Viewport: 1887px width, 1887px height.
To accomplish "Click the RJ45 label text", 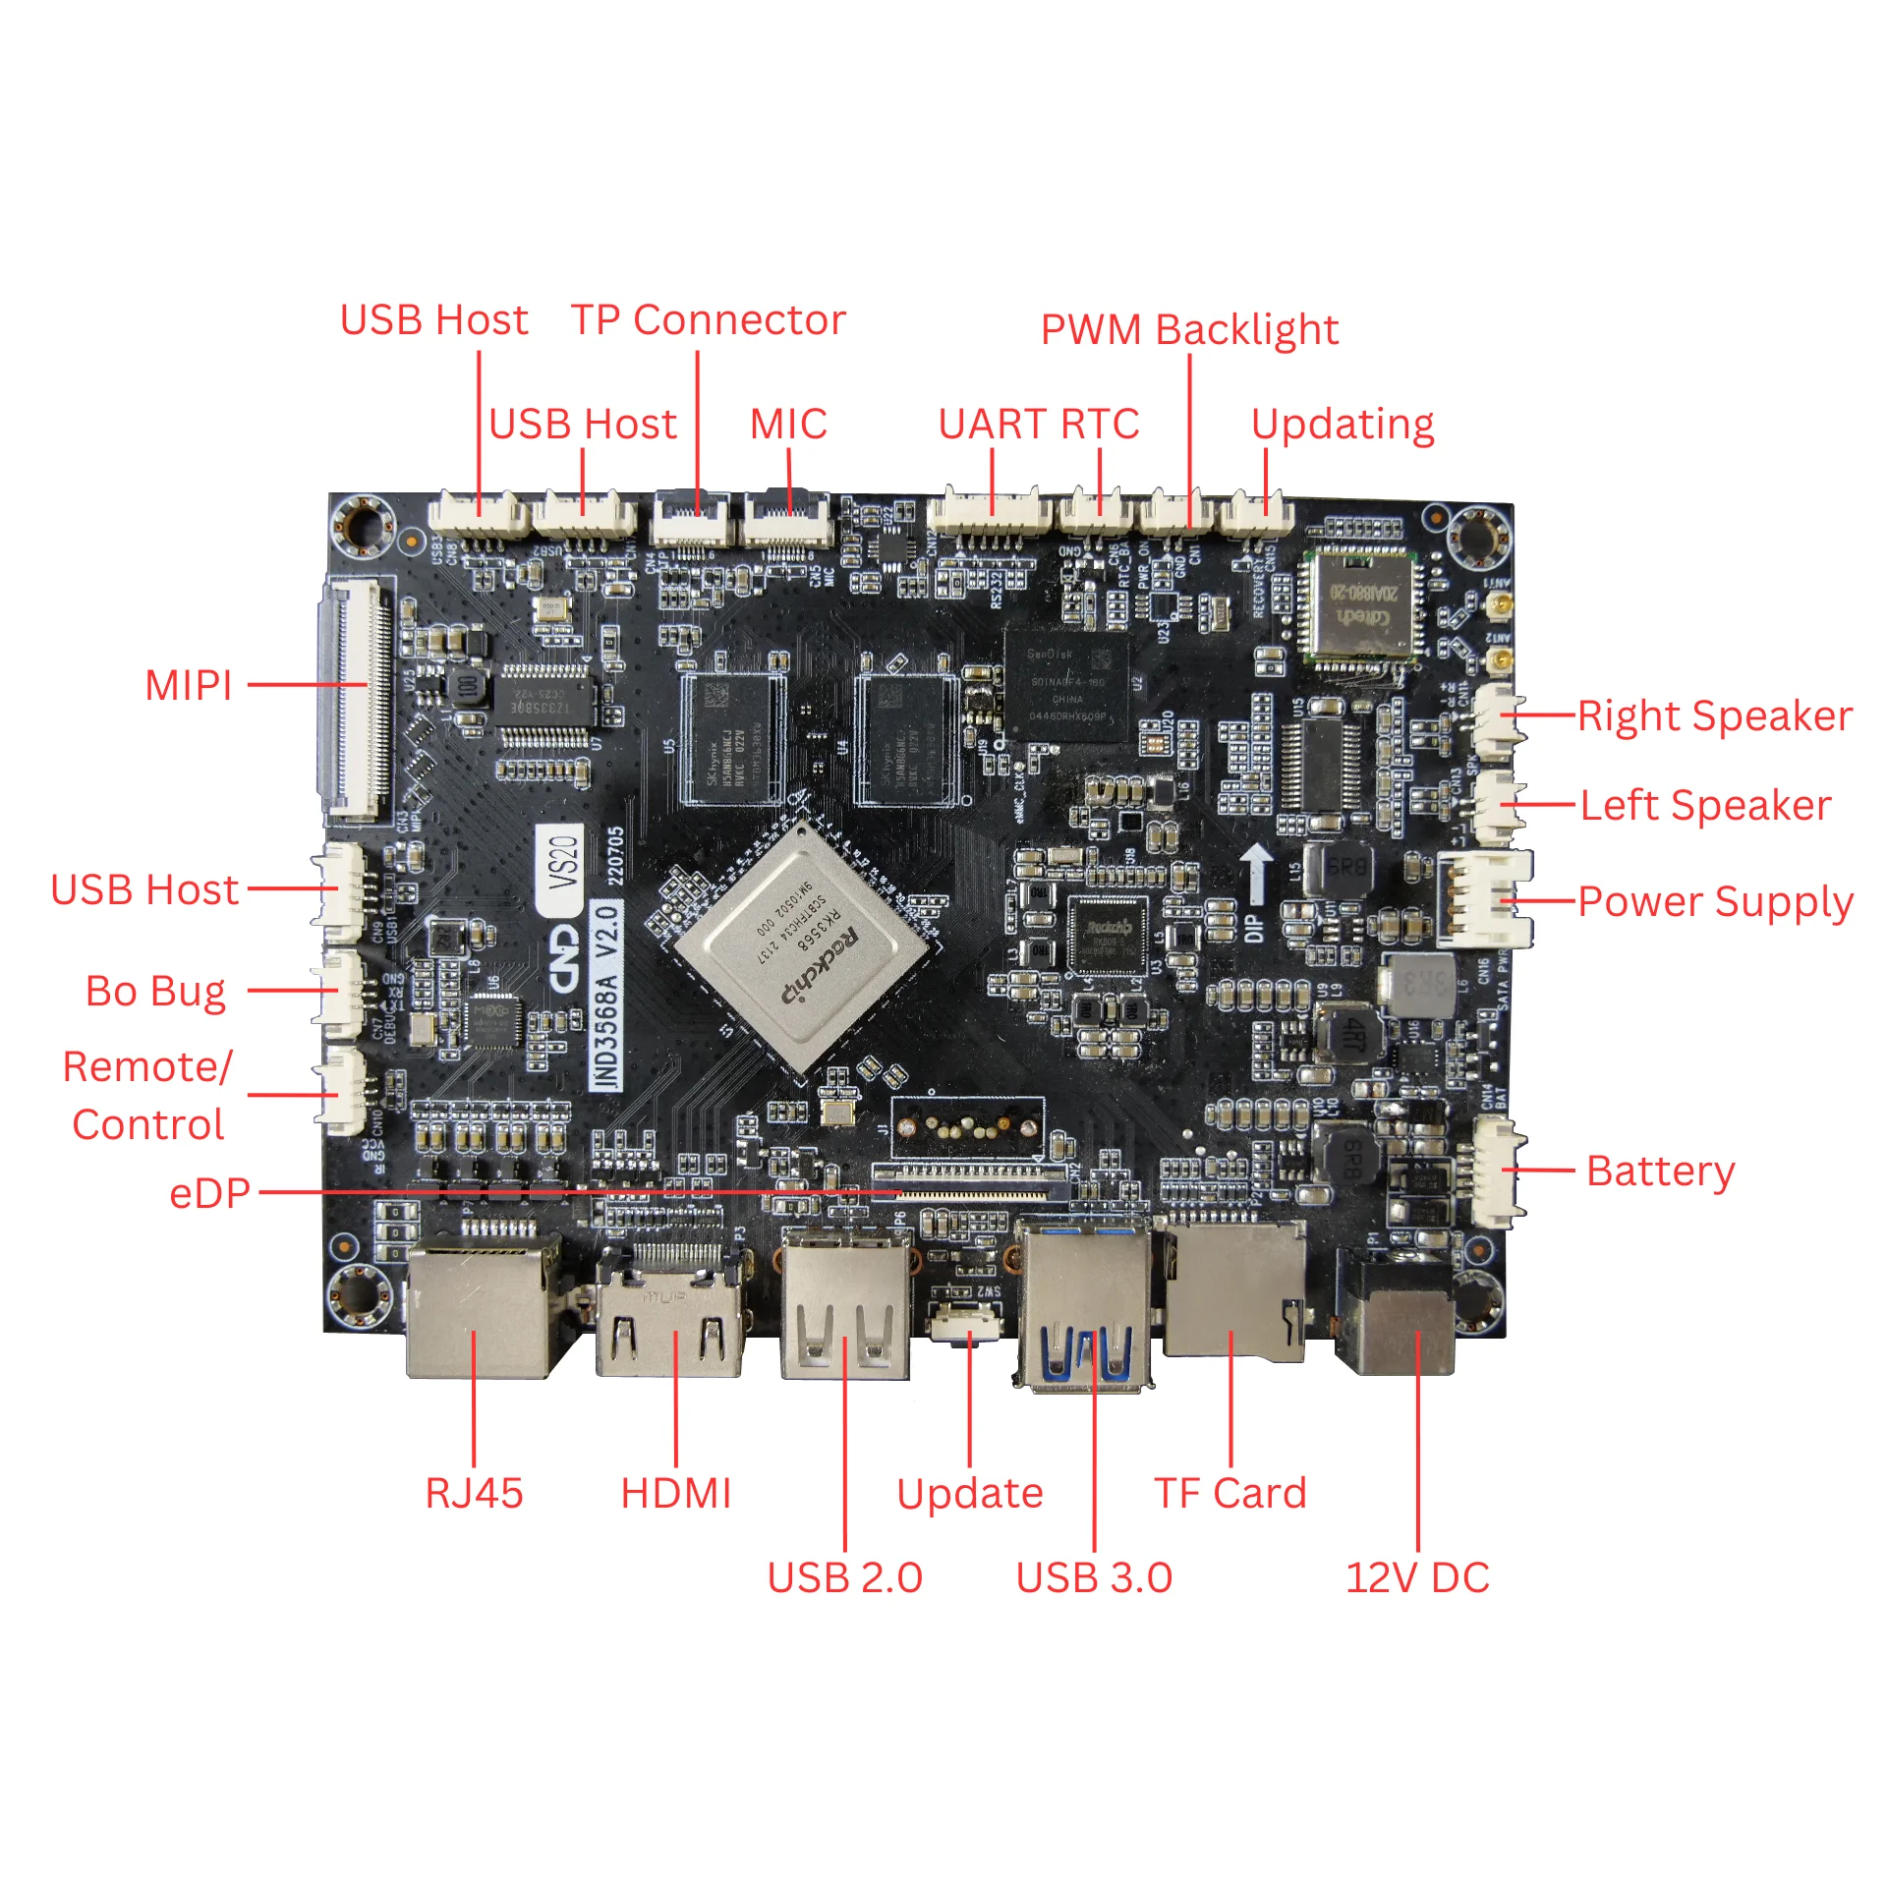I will pyautogui.click(x=474, y=1493).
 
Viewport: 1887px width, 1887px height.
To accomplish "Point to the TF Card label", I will pyautogui.click(x=1229, y=1493).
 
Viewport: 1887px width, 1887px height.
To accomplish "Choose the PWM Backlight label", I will pyautogui.click(x=1188, y=329).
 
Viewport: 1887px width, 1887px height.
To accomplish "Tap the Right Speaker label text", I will pyautogui.click(x=1714, y=715).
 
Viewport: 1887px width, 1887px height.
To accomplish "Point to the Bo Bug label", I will pyautogui.click(x=155, y=991).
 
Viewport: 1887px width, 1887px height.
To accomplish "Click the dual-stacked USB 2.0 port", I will pyautogui.click(x=846, y=1302).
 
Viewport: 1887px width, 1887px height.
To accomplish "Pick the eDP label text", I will pyautogui.click(x=209, y=1193).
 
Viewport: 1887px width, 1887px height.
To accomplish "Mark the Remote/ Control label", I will pyautogui.click(x=147, y=1095).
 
